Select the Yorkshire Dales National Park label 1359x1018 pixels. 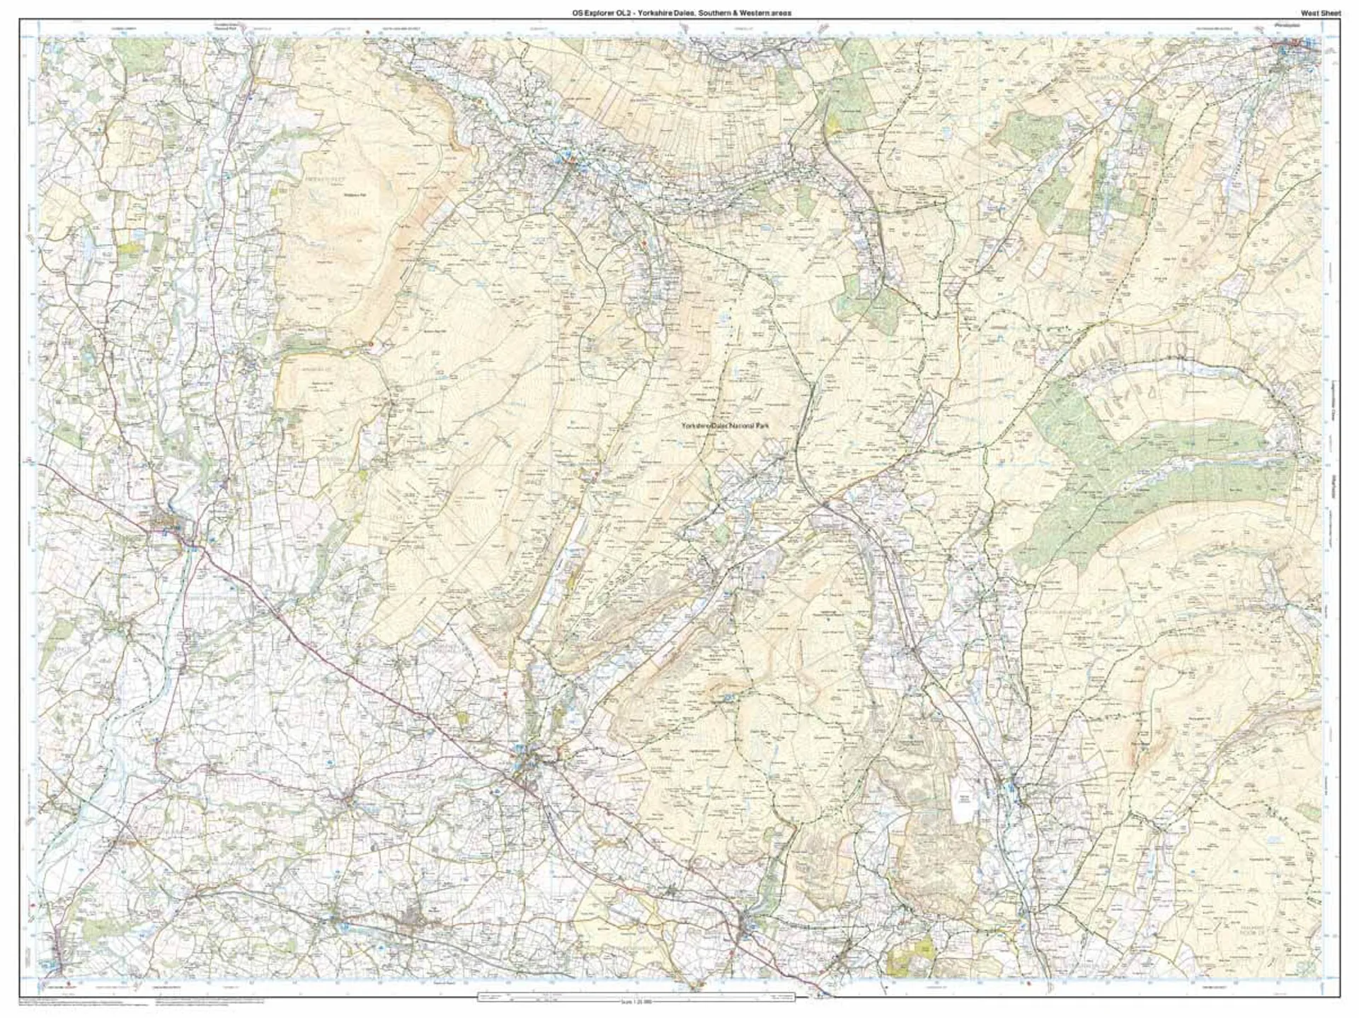(723, 426)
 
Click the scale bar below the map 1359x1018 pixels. (635, 996)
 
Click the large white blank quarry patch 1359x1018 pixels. (963, 807)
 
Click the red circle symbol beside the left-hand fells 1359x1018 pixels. (370, 343)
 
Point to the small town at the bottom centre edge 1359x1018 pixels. (749, 924)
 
